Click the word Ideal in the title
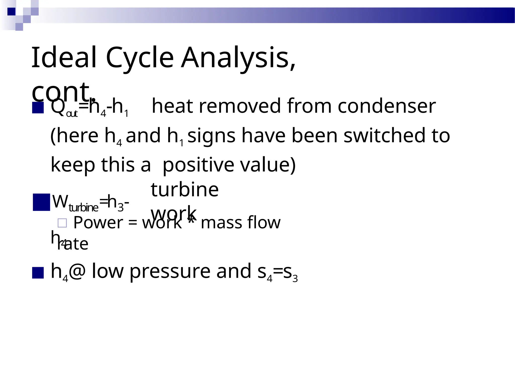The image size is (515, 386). (64, 58)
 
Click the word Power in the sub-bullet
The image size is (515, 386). (98, 223)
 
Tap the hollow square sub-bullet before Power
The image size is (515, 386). (62, 223)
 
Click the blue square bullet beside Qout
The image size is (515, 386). (38, 108)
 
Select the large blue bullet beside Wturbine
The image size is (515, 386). (41, 202)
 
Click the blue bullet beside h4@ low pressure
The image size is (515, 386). (38, 273)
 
